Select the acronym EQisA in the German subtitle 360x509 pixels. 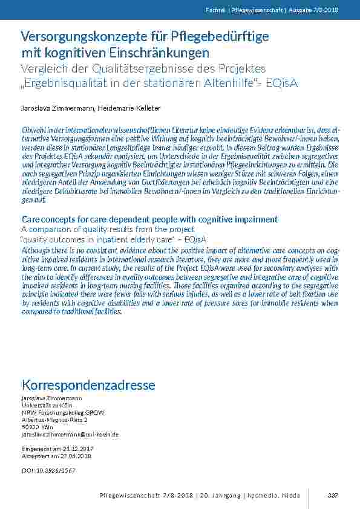tap(283, 82)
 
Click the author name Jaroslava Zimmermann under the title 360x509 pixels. tap(57, 108)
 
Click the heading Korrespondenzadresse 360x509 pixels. tap(88, 385)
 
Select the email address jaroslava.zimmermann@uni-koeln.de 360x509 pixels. tap(70, 434)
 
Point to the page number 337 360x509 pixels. tap(332, 495)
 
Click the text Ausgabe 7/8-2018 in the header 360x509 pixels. tap(316, 10)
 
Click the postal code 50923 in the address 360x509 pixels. tap(29, 426)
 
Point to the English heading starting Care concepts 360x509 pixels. tap(149, 219)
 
